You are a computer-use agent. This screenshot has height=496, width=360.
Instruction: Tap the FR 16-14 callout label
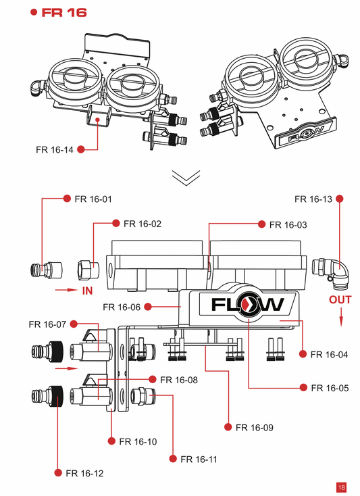[x=55, y=149]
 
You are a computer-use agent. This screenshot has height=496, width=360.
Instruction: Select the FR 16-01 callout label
[x=93, y=199]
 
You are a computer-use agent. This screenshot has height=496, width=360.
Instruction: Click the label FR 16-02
[x=141, y=223]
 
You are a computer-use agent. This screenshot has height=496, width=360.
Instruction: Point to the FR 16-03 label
[x=288, y=224]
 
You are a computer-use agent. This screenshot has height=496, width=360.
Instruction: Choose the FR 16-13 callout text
[x=313, y=199]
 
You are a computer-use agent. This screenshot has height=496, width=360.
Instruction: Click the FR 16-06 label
[x=122, y=307]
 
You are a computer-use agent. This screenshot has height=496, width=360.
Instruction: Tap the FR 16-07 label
[x=47, y=324]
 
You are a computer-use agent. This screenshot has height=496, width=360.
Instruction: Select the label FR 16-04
[x=329, y=354]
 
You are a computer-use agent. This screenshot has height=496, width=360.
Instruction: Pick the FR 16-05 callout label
[x=329, y=388]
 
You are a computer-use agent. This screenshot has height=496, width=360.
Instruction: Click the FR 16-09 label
[x=255, y=427]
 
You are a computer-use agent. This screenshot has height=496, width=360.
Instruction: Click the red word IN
[x=86, y=291]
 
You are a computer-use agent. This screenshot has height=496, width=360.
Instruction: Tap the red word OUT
[x=340, y=299]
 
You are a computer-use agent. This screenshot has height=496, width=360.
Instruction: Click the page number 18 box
[x=341, y=487]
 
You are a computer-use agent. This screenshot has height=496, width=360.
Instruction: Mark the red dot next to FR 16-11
[x=174, y=459]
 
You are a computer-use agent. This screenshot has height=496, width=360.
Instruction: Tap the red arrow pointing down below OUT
[x=341, y=314]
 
